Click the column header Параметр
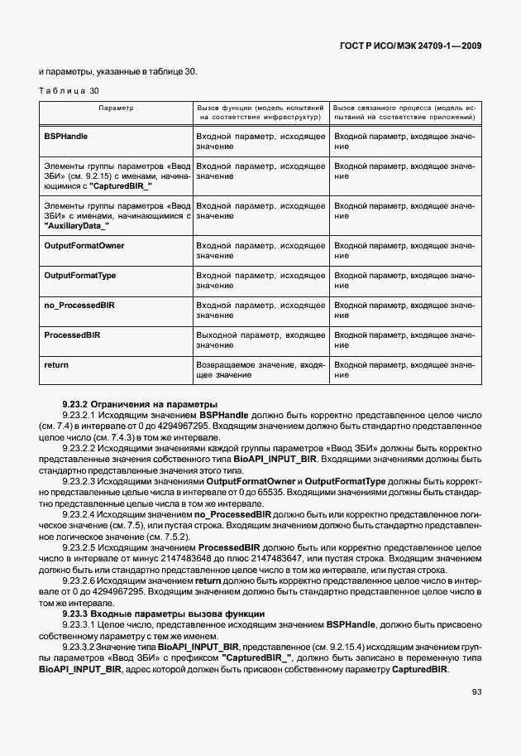[x=116, y=108]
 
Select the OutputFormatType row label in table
[x=79, y=275]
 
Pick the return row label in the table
[x=55, y=364]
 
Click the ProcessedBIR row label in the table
[x=72, y=335]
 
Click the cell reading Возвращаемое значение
[x=260, y=369]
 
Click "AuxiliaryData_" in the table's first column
[x=76, y=227]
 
